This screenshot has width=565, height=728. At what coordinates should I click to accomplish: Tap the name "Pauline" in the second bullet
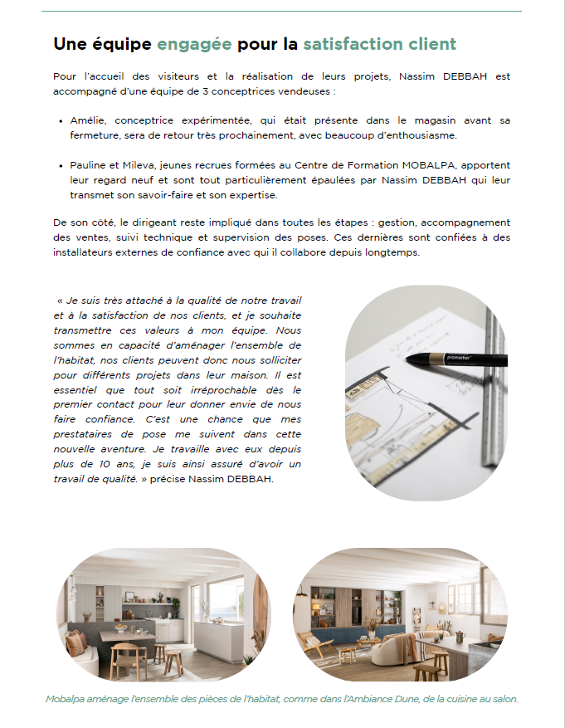pyautogui.click(x=89, y=165)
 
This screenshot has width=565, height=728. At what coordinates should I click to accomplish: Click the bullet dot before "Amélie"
pyautogui.click(x=62, y=120)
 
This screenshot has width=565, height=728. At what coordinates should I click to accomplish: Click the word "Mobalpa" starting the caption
pyautogui.click(x=68, y=699)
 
